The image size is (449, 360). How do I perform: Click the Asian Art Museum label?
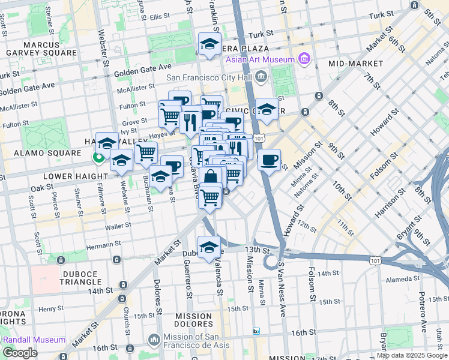[260, 59]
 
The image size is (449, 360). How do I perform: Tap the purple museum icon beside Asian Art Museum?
[304, 59]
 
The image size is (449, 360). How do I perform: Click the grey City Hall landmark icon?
[261, 76]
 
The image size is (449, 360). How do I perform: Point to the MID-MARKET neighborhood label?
[355, 63]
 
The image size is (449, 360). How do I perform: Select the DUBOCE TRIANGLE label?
[72, 278]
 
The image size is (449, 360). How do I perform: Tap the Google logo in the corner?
[20, 352]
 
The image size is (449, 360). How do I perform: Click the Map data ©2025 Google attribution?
[412, 355]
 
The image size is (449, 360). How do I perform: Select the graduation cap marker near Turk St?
[209, 44]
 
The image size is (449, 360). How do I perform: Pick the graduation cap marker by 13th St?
[209, 247]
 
